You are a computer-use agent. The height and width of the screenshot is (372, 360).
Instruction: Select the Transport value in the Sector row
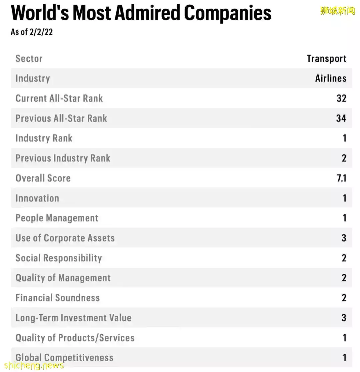pos(326,59)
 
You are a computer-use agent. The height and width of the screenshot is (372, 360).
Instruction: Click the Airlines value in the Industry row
pos(331,78)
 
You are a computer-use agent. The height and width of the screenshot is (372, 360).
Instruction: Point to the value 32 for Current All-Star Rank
pos(341,98)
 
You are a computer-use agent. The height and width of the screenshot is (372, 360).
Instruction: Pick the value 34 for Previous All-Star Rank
pos(341,118)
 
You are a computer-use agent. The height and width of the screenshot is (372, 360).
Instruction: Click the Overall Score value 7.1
pos(341,178)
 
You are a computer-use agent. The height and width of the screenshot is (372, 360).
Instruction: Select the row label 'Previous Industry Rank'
pos(63,158)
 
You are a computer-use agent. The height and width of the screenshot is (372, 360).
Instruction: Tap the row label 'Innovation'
pos(37,198)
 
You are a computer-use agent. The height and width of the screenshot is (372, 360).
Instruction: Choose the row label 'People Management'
pos(57,218)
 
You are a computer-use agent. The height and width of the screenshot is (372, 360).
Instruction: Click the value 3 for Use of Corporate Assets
pos(344,238)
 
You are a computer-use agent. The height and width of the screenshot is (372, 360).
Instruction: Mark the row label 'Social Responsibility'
pos(59,258)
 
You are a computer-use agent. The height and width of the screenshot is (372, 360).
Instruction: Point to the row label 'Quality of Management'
pos(63,278)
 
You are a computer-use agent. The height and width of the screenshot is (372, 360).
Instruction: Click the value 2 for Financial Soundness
pos(344,298)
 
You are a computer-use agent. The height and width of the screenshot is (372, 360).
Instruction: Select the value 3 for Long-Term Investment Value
pos(344,318)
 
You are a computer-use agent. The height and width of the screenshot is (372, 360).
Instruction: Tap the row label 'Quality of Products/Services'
pos(75,338)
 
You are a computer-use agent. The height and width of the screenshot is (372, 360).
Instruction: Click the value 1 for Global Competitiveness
pos(344,358)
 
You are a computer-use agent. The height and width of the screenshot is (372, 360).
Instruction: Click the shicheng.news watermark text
pos(32,365)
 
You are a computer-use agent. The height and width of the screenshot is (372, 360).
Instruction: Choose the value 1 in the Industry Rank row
pos(344,138)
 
